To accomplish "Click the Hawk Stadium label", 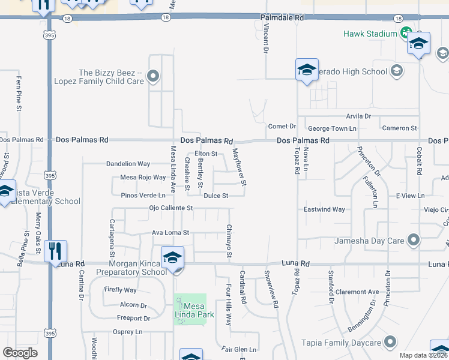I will click(370, 34).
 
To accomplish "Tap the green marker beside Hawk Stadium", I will click(406, 32).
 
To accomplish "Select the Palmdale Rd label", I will click(282, 19).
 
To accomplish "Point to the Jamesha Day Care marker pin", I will click(413, 241).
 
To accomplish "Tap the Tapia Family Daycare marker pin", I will click(390, 343).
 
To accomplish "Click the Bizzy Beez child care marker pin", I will click(153, 76).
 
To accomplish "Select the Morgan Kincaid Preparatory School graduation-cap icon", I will click(172, 257).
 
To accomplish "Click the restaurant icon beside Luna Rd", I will click(55, 251).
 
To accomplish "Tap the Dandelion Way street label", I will click(128, 163).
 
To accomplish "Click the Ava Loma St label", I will click(170, 232).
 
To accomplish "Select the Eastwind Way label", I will click(324, 209).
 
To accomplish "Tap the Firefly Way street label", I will click(120, 290).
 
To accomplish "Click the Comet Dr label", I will click(282, 126).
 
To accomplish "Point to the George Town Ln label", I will click(332, 128).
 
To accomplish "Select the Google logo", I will click(20, 353).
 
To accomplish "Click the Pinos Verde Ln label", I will click(143, 195).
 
